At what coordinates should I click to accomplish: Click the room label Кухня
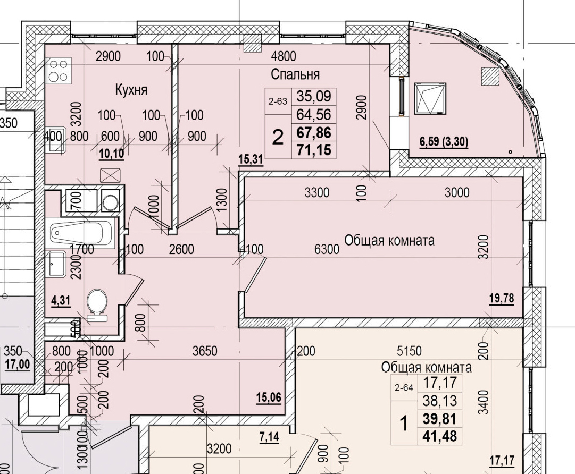pos(131,90)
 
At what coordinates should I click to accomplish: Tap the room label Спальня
pos(295,74)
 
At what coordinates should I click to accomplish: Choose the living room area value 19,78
pos(502,298)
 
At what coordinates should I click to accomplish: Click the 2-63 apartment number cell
pos(278,100)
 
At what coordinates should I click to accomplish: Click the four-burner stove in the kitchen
pos(57,70)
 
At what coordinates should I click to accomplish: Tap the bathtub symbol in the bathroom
pos(81,232)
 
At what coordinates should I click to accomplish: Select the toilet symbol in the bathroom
pos(97,304)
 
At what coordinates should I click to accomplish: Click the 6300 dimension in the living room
pos(327,249)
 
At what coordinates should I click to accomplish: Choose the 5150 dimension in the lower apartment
pos(409,351)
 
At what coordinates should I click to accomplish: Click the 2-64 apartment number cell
pos(404,388)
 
